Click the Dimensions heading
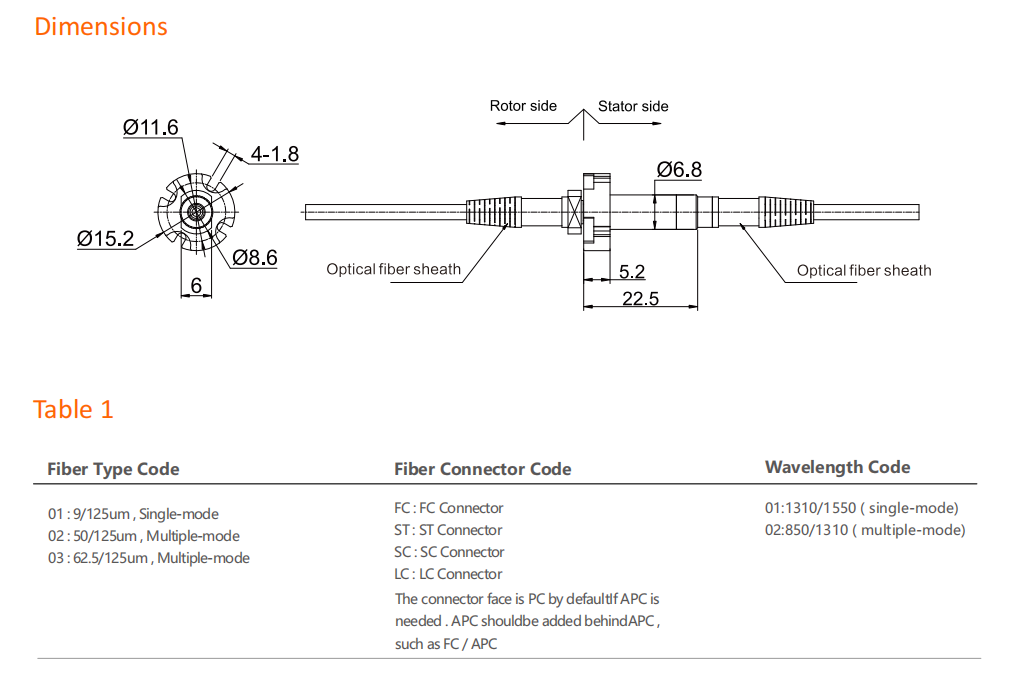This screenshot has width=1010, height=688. click(101, 27)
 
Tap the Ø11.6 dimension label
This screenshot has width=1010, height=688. click(151, 128)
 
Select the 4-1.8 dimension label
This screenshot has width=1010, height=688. click(274, 154)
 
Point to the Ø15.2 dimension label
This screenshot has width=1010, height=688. click(105, 239)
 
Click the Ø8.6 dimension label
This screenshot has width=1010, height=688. click(255, 258)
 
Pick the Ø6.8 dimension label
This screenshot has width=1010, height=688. click(679, 169)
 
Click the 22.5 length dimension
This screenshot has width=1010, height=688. click(640, 298)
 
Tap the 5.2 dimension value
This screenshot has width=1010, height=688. click(632, 272)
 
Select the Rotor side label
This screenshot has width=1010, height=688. click(523, 106)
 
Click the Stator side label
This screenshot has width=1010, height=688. click(633, 106)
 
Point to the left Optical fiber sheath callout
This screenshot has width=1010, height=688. click(394, 269)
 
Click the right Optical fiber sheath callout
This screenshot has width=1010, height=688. click(864, 270)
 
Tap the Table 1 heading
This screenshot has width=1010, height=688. click(73, 409)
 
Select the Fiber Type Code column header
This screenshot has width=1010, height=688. click(113, 469)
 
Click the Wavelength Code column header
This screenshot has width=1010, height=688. click(837, 467)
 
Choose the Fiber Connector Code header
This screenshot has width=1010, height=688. click(483, 469)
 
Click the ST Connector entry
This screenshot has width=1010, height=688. click(448, 530)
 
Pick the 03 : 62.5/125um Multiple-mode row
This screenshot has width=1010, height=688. click(149, 558)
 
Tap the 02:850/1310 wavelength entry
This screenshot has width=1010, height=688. click(865, 530)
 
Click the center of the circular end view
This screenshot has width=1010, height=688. click(196, 211)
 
